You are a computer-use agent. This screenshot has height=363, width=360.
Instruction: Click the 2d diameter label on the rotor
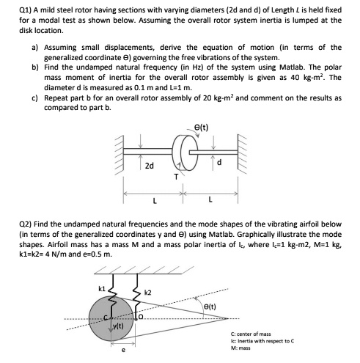pyautogui.click(x=149, y=166)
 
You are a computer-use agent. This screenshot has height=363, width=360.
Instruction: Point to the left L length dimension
pyautogui.click(x=154, y=200)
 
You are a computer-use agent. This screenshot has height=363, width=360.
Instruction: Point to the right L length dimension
pyautogui.click(x=211, y=200)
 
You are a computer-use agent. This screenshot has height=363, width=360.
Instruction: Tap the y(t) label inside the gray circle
pyautogui.click(x=117, y=326)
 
